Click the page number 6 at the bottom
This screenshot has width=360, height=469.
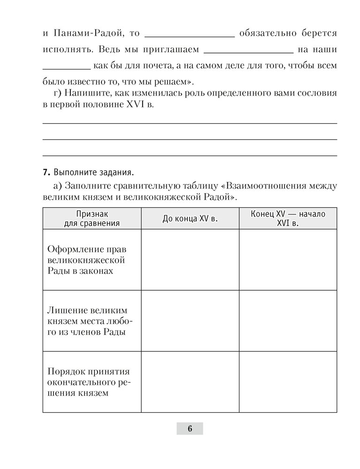[190, 429]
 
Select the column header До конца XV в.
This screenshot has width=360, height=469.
[190, 219]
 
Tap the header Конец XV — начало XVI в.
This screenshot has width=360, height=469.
[288, 219]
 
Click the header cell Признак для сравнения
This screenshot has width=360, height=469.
[92, 219]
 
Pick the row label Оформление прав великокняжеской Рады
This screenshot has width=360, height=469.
[87, 260]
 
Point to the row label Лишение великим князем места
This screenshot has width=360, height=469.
[87, 321]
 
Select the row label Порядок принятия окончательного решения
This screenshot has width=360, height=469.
[89, 382]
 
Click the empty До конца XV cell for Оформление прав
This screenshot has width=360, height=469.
[190, 260]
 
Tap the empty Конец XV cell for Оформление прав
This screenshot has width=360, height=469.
[288, 260]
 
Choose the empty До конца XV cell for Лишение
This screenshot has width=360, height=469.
[190, 321]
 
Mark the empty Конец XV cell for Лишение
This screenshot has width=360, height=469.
[288, 321]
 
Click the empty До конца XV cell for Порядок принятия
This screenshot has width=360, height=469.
[190, 382]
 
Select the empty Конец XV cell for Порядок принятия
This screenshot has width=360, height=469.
[288, 382]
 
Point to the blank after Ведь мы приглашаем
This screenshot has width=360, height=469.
[249, 50]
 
